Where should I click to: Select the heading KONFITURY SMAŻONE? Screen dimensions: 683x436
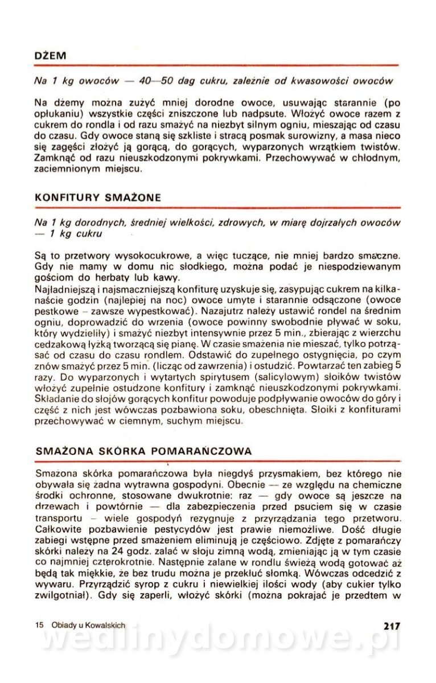pos(97,198)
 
